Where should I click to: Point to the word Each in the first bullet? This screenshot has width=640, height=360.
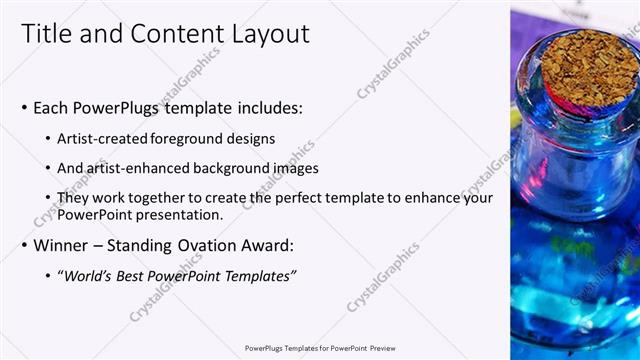point(52,107)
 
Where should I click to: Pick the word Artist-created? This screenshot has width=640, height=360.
point(102,138)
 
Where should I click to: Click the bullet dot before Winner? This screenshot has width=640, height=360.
point(24,245)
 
